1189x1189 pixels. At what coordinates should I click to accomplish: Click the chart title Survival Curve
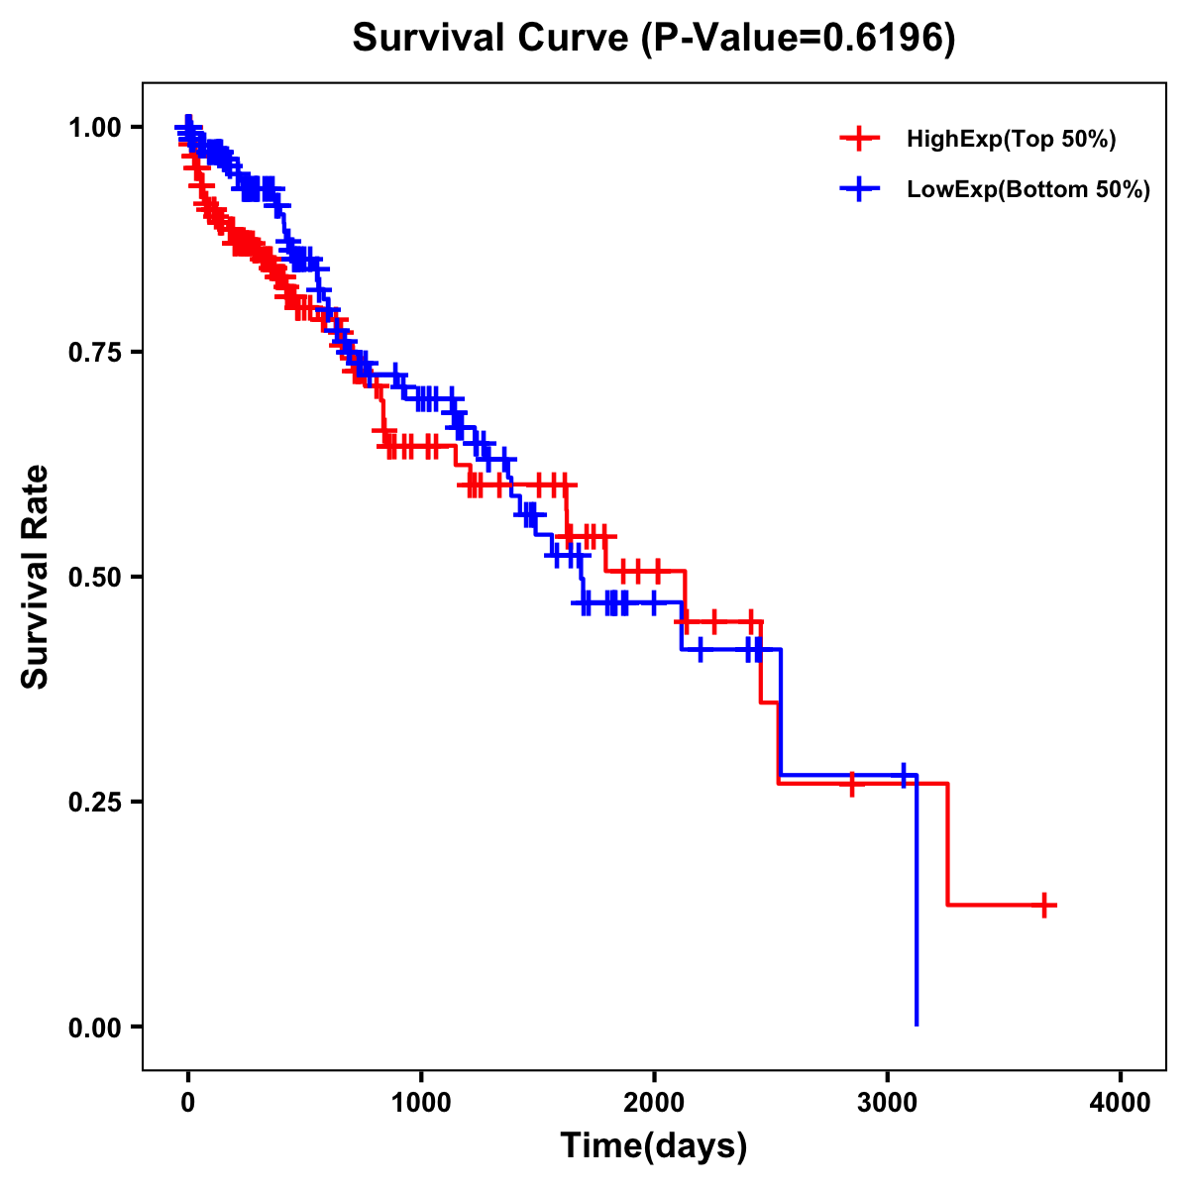point(490,40)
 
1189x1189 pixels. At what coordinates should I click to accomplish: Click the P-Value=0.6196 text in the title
point(798,40)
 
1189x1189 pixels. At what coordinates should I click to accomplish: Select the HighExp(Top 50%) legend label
point(1011,140)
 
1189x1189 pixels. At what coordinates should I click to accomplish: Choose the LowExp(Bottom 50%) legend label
point(1028,189)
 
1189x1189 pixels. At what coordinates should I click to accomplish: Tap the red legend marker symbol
point(859,139)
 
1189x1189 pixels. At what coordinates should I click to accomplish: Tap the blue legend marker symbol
point(859,188)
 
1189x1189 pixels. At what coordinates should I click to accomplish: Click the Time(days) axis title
point(654,1146)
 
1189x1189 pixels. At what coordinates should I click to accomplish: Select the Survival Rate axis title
point(36,577)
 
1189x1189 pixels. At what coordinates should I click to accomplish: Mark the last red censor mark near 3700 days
point(1044,905)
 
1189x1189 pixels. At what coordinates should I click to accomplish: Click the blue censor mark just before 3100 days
point(903,775)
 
